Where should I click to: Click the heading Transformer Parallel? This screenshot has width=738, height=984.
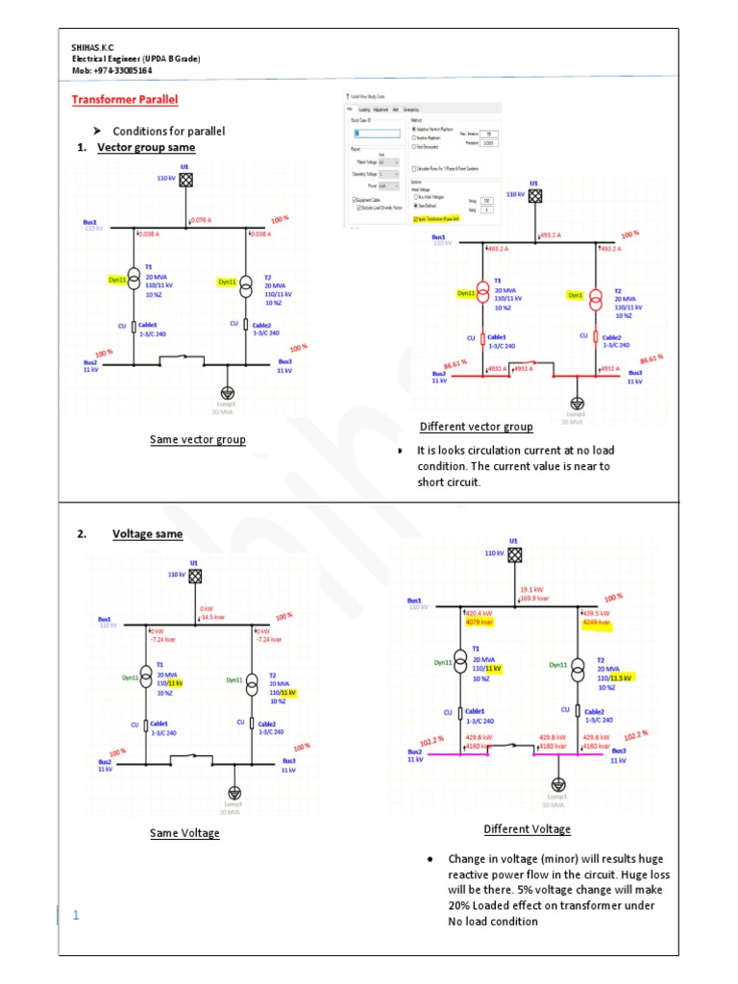click(x=126, y=100)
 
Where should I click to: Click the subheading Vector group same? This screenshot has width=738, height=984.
click(x=146, y=148)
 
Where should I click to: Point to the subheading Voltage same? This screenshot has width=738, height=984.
click(x=147, y=534)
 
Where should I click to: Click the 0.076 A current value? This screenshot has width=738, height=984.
click(x=201, y=220)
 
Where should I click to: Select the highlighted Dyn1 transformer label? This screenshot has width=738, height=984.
click(x=575, y=296)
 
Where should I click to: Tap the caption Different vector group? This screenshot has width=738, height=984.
click(x=476, y=427)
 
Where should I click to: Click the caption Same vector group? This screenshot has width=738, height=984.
click(x=197, y=440)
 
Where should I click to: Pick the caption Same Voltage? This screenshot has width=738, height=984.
click(x=184, y=833)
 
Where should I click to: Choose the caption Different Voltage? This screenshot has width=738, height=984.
click(x=527, y=829)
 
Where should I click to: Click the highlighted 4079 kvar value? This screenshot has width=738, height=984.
click(x=480, y=623)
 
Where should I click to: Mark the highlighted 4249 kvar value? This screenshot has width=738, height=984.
click(x=596, y=622)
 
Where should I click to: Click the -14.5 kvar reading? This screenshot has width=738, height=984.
click(x=213, y=617)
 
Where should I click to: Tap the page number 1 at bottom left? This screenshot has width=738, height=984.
click(x=76, y=914)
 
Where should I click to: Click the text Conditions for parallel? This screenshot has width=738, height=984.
click(x=168, y=131)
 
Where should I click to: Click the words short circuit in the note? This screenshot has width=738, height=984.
click(x=447, y=482)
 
